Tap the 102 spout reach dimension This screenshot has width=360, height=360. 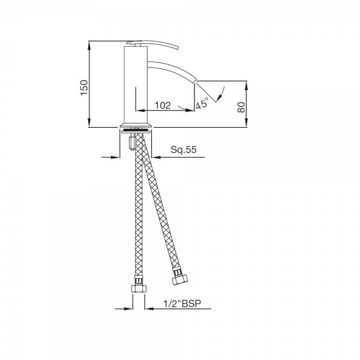161,105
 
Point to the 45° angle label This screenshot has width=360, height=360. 202,103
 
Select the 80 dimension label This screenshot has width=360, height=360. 241,107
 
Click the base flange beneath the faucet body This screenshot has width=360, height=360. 138,127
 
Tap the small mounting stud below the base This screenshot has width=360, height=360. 132,144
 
